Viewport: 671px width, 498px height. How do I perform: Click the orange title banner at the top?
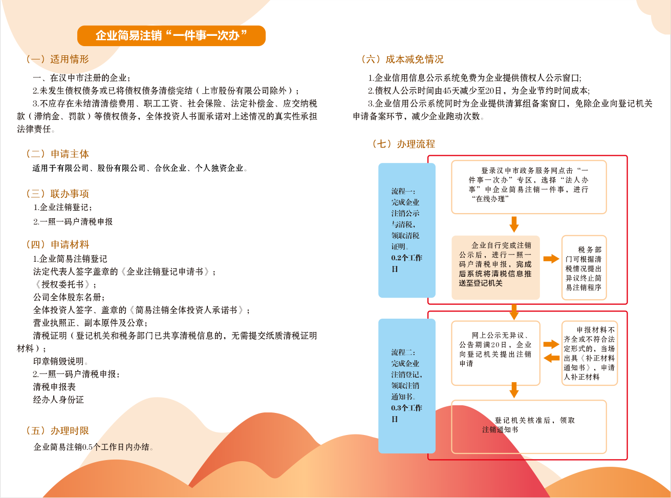point(171,36)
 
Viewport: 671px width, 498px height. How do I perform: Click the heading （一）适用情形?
point(57,59)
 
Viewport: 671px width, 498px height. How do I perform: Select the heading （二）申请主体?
point(57,154)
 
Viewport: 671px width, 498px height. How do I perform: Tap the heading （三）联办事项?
point(57,194)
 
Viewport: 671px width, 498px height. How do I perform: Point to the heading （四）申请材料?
point(57,244)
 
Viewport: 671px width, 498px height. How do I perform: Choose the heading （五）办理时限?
point(57,431)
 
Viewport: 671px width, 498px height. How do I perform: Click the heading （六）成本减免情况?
point(403,59)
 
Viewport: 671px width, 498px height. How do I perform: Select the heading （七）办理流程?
point(403,144)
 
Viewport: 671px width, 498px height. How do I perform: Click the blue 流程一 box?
point(407,230)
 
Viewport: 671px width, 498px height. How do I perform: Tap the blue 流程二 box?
point(407,386)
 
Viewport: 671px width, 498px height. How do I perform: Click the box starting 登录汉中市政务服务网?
point(529,187)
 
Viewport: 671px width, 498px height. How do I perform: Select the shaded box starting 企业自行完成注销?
point(495,268)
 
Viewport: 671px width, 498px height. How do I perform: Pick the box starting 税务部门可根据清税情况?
point(584,268)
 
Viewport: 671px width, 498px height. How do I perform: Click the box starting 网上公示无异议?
point(495,353)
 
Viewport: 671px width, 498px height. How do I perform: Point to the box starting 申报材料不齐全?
point(589,353)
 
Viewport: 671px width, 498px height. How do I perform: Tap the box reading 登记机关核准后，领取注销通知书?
point(529,427)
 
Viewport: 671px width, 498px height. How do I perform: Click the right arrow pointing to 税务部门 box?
point(551,259)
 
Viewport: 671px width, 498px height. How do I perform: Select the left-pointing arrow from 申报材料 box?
point(551,358)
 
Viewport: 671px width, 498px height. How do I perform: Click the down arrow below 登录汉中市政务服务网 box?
point(514,224)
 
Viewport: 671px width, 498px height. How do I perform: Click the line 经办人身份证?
point(58,400)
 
